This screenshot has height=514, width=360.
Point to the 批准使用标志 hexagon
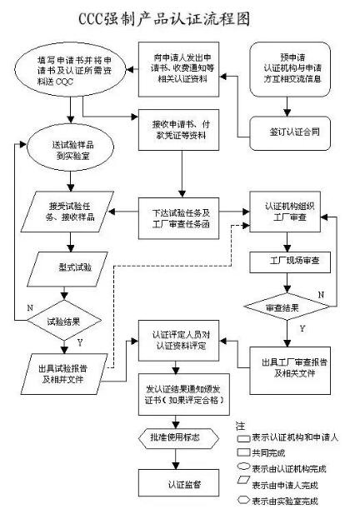point(174,437)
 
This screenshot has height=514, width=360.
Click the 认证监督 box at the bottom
point(175,483)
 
